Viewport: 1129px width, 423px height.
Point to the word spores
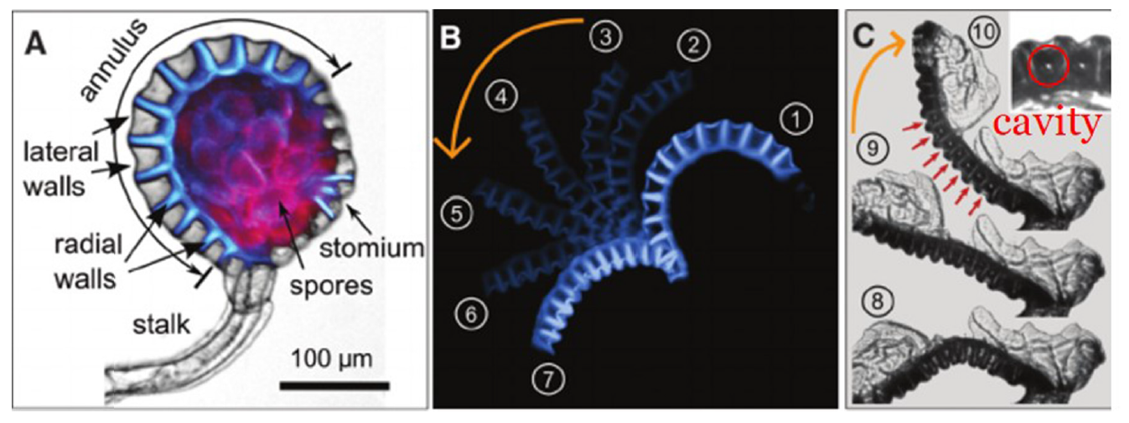click(331, 285)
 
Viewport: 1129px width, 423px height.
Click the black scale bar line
click(334, 385)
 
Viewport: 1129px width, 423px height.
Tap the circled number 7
click(548, 379)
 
